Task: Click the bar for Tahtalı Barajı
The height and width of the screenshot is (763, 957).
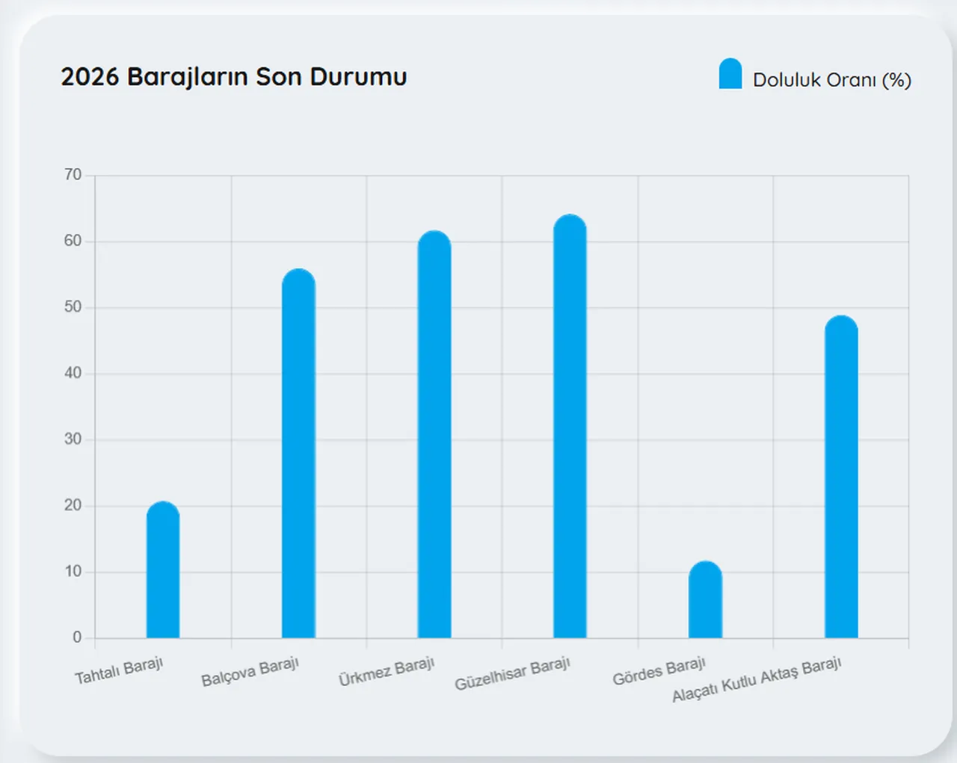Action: [163, 572]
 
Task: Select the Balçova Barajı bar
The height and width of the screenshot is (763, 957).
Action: [298, 456]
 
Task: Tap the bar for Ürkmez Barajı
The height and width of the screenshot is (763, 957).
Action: [434, 437]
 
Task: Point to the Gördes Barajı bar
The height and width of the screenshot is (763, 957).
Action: [705, 602]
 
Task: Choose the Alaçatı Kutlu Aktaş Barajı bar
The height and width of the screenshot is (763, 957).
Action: [841, 478]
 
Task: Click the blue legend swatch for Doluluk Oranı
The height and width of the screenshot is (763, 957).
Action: [730, 75]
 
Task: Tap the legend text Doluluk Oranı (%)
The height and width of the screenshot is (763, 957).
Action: [831, 80]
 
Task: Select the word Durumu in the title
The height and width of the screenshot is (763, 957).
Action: [358, 77]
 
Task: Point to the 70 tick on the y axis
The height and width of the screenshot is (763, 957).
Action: [73, 175]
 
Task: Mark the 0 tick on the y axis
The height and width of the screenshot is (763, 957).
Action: [77, 637]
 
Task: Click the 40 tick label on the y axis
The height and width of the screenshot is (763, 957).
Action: [73, 373]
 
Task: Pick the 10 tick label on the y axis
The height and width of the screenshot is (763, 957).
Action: [73, 572]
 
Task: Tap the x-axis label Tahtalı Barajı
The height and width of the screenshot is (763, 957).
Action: [119, 670]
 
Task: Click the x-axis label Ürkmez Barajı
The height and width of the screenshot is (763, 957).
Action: [387, 671]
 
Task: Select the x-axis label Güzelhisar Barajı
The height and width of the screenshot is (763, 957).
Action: [513, 673]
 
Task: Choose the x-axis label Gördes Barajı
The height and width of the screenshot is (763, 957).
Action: [659, 671]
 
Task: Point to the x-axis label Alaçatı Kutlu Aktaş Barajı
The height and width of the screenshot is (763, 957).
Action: [757, 679]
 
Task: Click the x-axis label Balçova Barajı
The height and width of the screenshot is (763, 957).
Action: [250, 671]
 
